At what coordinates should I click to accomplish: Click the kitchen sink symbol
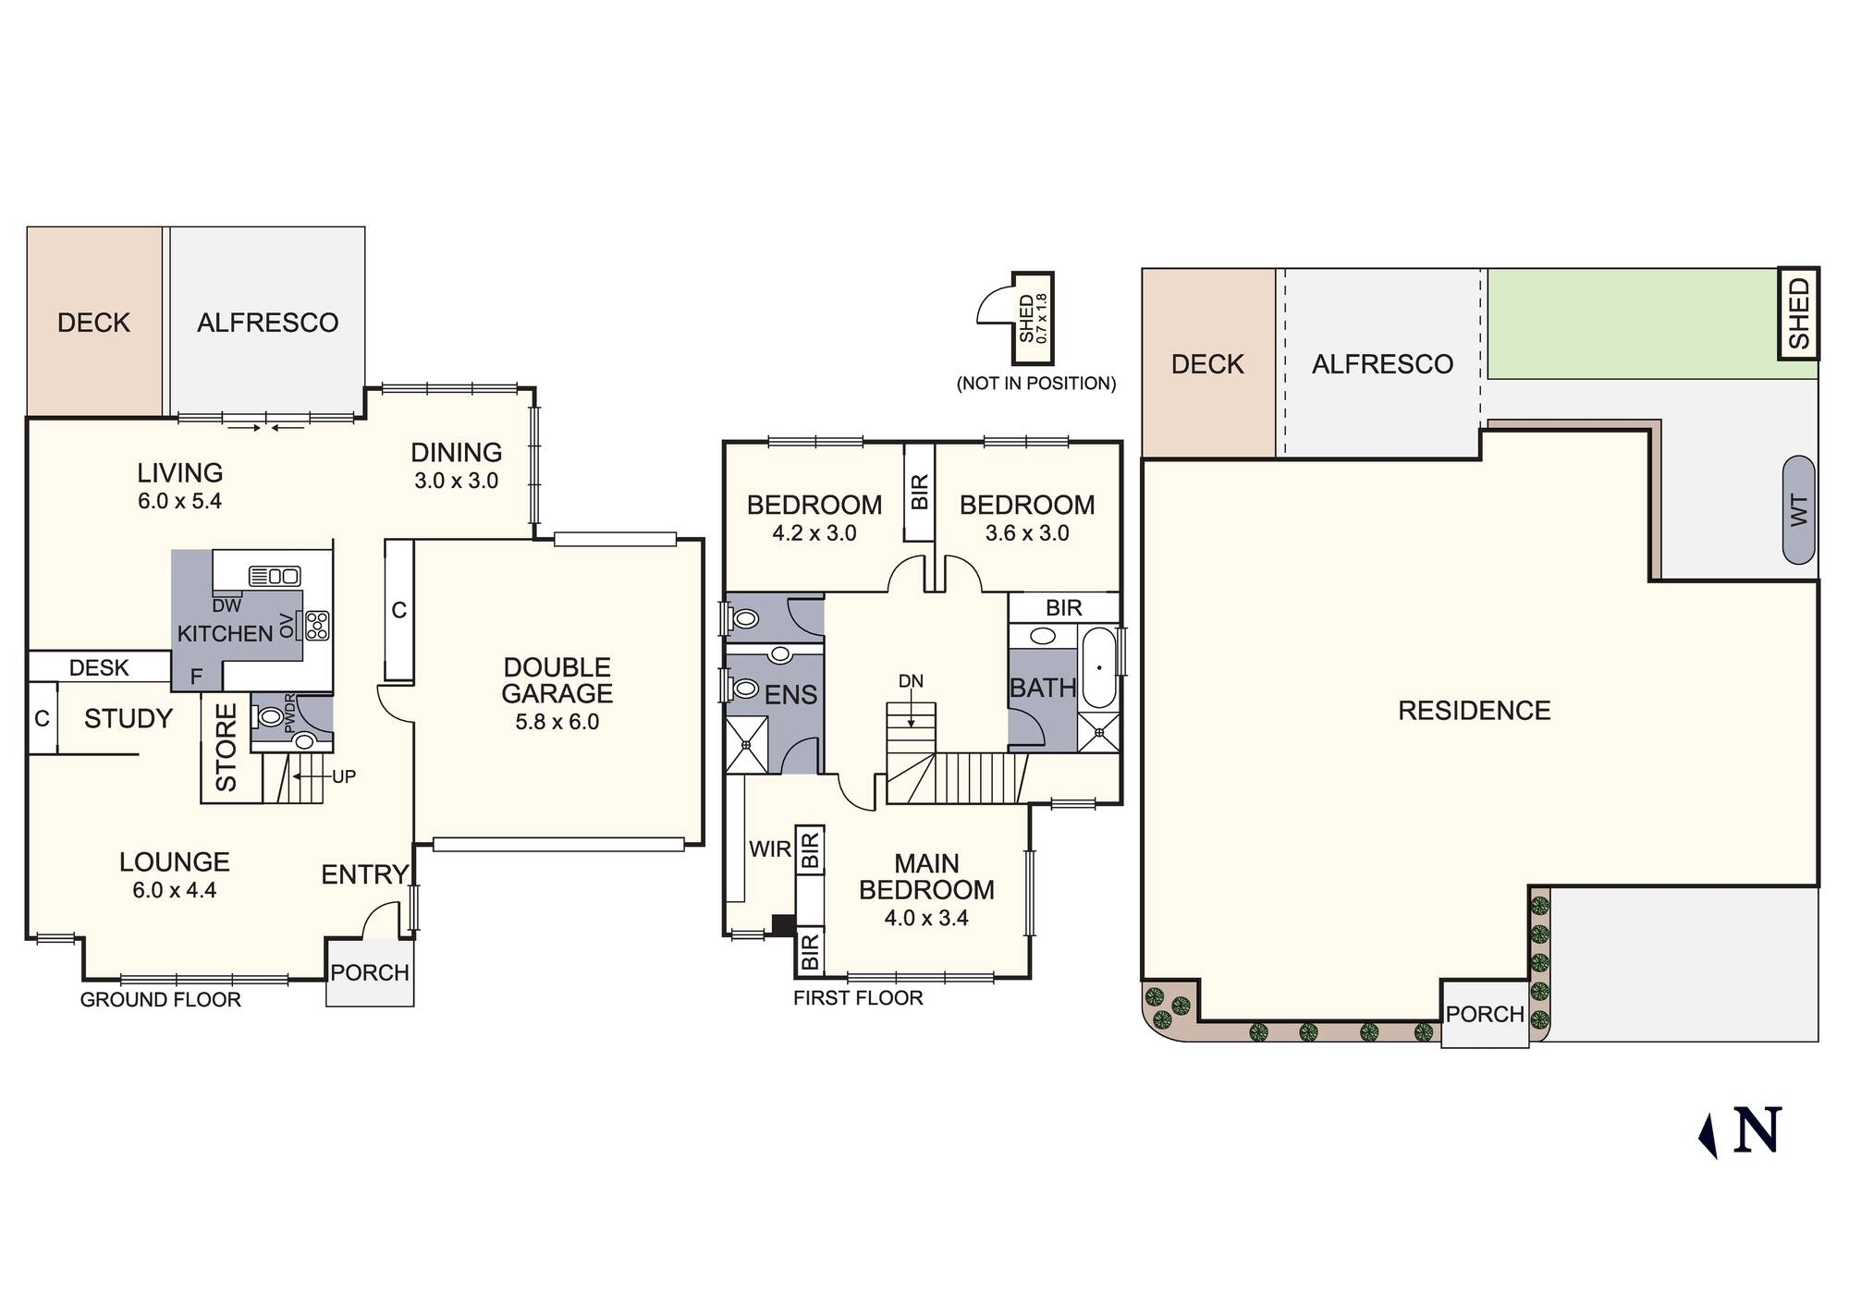[x=275, y=576]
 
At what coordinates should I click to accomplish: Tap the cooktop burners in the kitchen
[x=317, y=626]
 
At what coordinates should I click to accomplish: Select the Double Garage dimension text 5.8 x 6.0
[x=557, y=722]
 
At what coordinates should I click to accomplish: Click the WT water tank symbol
[x=1798, y=509]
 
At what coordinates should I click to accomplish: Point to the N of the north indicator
[x=1757, y=1130]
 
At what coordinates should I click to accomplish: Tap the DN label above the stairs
[x=911, y=681]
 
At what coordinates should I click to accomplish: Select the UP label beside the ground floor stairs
[x=344, y=776]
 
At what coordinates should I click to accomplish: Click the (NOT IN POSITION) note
[x=1035, y=383]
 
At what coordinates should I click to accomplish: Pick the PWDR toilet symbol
[x=269, y=716]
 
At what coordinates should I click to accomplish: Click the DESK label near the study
[x=99, y=667]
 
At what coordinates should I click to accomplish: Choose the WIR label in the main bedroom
[x=769, y=848]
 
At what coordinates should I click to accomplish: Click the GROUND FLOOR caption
[x=160, y=999]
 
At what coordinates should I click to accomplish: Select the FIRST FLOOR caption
[x=858, y=998]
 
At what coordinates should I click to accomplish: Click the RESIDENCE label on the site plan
[x=1474, y=710]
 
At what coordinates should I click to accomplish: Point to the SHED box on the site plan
[x=1798, y=313]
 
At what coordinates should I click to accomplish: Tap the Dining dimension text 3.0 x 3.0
[x=456, y=481]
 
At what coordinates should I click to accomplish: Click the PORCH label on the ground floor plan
[x=370, y=972]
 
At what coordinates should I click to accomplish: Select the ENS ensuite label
[x=790, y=695]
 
